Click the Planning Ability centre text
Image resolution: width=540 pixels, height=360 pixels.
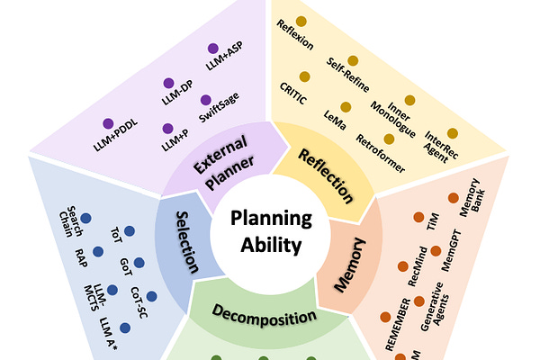[x=269, y=232]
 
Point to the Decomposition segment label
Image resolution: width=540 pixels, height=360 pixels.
[x=265, y=316]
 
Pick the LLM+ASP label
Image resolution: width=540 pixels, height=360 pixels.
[x=224, y=63]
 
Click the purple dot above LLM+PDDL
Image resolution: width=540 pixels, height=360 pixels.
[x=107, y=122]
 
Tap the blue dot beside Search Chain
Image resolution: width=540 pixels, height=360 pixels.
[x=85, y=219]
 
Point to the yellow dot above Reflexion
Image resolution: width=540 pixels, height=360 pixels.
[x=301, y=21]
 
